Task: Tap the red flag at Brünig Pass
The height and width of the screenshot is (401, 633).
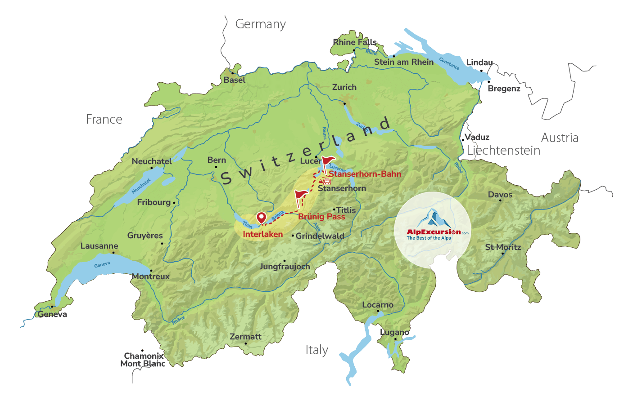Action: coord(301,196)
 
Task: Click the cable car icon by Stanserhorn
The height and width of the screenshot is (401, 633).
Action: coord(327,181)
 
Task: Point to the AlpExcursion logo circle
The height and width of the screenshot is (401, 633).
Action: coord(433,230)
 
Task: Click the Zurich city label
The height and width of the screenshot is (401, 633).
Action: coord(344,87)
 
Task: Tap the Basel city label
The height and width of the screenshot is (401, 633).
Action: coord(235,80)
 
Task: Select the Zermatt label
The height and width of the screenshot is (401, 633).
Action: coord(245,337)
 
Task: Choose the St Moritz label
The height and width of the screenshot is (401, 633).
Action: coord(503,247)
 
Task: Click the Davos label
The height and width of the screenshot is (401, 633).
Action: coord(500,195)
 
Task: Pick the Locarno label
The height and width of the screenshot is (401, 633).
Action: coord(378,305)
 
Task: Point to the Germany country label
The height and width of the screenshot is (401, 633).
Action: coord(260,24)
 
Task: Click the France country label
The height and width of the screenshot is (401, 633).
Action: coord(104,120)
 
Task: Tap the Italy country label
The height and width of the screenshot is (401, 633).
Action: coord(316,350)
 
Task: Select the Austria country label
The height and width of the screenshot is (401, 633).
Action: coord(560,138)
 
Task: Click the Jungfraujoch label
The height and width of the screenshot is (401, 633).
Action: coord(285,267)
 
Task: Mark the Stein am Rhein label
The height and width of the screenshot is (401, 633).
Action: coord(403,62)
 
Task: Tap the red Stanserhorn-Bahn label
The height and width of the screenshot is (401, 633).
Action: coord(365,174)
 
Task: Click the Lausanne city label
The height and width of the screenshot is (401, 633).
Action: coord(99,246)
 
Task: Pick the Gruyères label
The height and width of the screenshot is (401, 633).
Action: coord(145,236)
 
